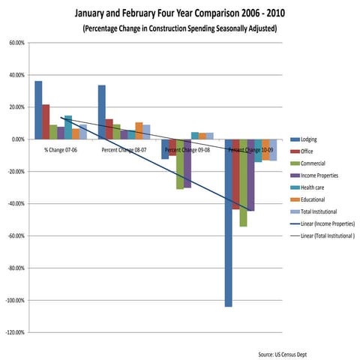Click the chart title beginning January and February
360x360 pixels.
pos(179,13)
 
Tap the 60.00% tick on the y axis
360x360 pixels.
pos(16,43)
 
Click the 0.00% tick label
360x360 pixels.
pos(17,139)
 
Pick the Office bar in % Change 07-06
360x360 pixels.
pos(46,122)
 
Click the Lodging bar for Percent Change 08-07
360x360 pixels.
pos(102,112)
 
